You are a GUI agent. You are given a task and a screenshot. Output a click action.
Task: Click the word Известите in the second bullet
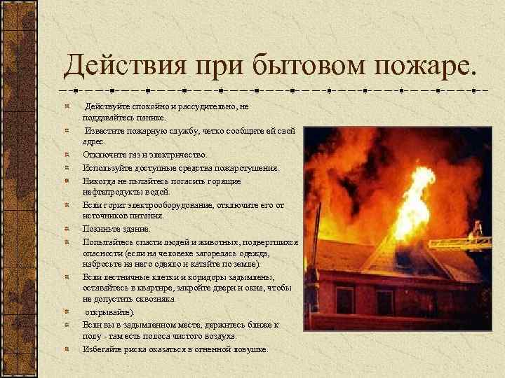[106, 131]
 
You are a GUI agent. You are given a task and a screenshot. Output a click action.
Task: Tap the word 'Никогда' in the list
[99, 181]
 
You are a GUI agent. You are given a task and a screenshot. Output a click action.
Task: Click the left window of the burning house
[344, 300]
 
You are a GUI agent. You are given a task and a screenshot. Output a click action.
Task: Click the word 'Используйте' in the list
[106, 168]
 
